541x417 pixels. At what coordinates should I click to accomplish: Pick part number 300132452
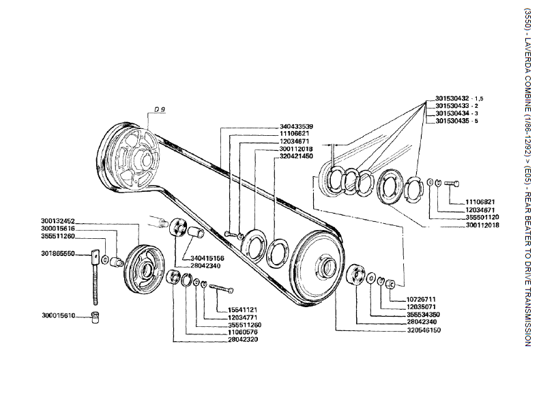click(58, 221)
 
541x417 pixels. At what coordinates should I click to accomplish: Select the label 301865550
click(58, 253)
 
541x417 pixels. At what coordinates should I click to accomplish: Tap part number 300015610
click(58, 316)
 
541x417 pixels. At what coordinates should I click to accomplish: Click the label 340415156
click(207, 259)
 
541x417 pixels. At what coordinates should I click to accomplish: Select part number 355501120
click(482, 217)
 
